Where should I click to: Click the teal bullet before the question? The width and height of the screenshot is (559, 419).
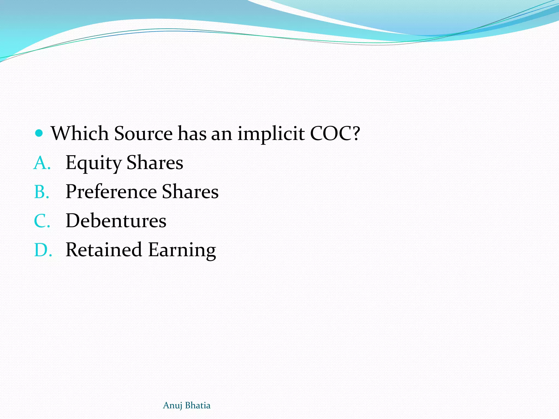pyautogui.click(x=39, y=133)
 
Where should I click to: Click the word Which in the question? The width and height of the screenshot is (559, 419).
pyautogui.click(x=80, y=134)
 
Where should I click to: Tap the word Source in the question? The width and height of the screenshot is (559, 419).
pyautogui.click(x=143, y=134)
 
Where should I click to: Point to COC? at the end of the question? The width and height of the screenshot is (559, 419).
pyautogui.click(x=335, y=134)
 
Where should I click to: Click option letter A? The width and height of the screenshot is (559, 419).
pyautogui.click(x=42, y=163)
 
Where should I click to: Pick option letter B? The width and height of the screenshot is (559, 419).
pyautogui.click(x=41, y=192)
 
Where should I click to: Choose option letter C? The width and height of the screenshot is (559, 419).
pyautogui.click(x=42, y=221)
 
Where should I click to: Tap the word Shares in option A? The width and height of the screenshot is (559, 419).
pyautogui.click(x=155, y=163)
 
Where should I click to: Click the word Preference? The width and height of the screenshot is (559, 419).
pyautogui.click(x=111, y=192)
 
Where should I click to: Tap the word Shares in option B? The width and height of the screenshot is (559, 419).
pyautogui.click(x=190, y=192)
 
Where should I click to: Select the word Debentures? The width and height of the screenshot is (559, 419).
pyautogui.click(x=116, y=221)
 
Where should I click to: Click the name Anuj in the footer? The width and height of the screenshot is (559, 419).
pyautogui.click(x=172, y=406)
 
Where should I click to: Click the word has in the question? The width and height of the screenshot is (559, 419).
pyautogui.click(x=192, y=134)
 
